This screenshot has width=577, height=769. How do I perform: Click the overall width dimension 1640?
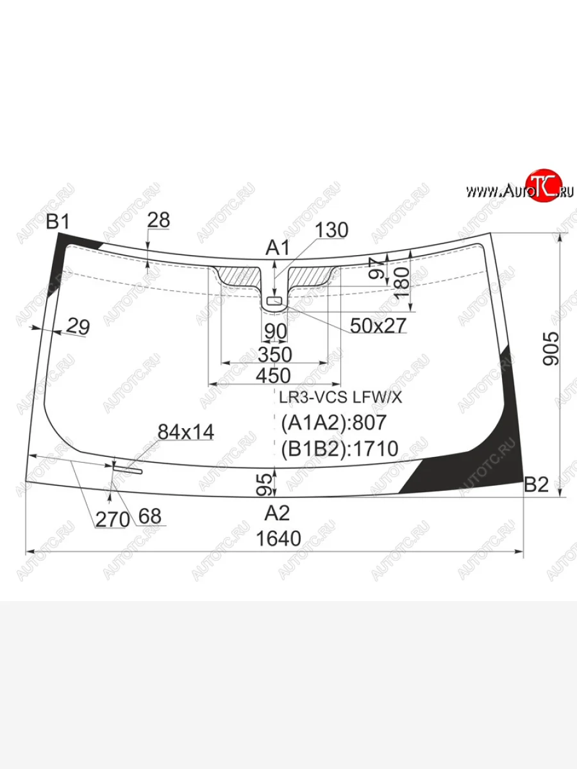point(278,538)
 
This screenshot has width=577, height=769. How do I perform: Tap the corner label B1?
point(58,222)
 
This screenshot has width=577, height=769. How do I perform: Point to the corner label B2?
point(536,485)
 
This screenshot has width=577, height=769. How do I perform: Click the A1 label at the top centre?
point(278,248)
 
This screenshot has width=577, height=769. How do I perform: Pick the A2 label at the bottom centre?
point(277,513)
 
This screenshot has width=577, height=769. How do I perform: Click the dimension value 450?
point(273,376)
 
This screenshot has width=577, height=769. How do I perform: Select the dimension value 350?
point(274,354)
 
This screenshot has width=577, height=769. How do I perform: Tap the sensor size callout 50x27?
point(378,326)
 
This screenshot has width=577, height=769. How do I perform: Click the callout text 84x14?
point(186,432)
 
